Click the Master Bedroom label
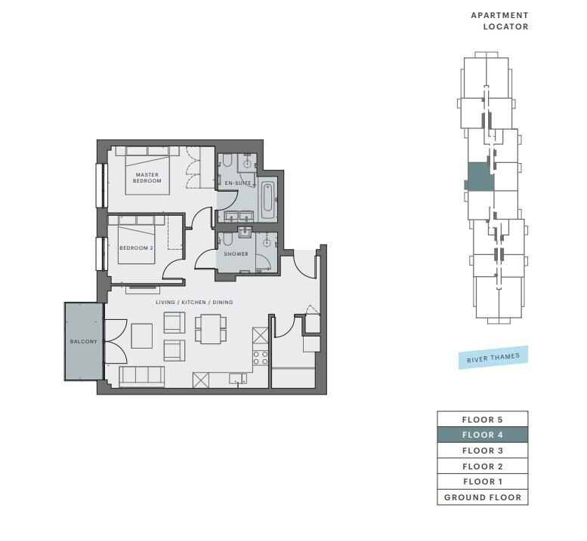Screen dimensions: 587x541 pos(147,177)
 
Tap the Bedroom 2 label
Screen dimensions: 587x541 pos(136,248)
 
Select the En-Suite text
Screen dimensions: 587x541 pos(238,183)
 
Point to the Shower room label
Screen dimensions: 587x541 pos(236,254)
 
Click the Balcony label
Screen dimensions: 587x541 pos(84,341)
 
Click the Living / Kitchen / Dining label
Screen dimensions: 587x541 pos(194,302)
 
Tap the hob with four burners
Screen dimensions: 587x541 pos(261,358)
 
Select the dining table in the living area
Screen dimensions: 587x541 pos(210,329)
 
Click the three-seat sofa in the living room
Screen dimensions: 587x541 pos(142,376)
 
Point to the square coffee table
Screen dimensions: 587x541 pos(142,336)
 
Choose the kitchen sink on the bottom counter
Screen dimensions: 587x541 pos(238,379)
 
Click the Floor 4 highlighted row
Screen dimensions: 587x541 pos(483,435)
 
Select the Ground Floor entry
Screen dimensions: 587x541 pos(483,497)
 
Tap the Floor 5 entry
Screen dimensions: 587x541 pos(483,420)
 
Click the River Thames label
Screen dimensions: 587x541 pos(493,358)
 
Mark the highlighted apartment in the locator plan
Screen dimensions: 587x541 pos(480,177)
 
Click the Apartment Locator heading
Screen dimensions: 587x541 pos(500,21)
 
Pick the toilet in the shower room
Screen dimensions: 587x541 pos(227,240)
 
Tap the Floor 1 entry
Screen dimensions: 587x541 pos(483,481)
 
